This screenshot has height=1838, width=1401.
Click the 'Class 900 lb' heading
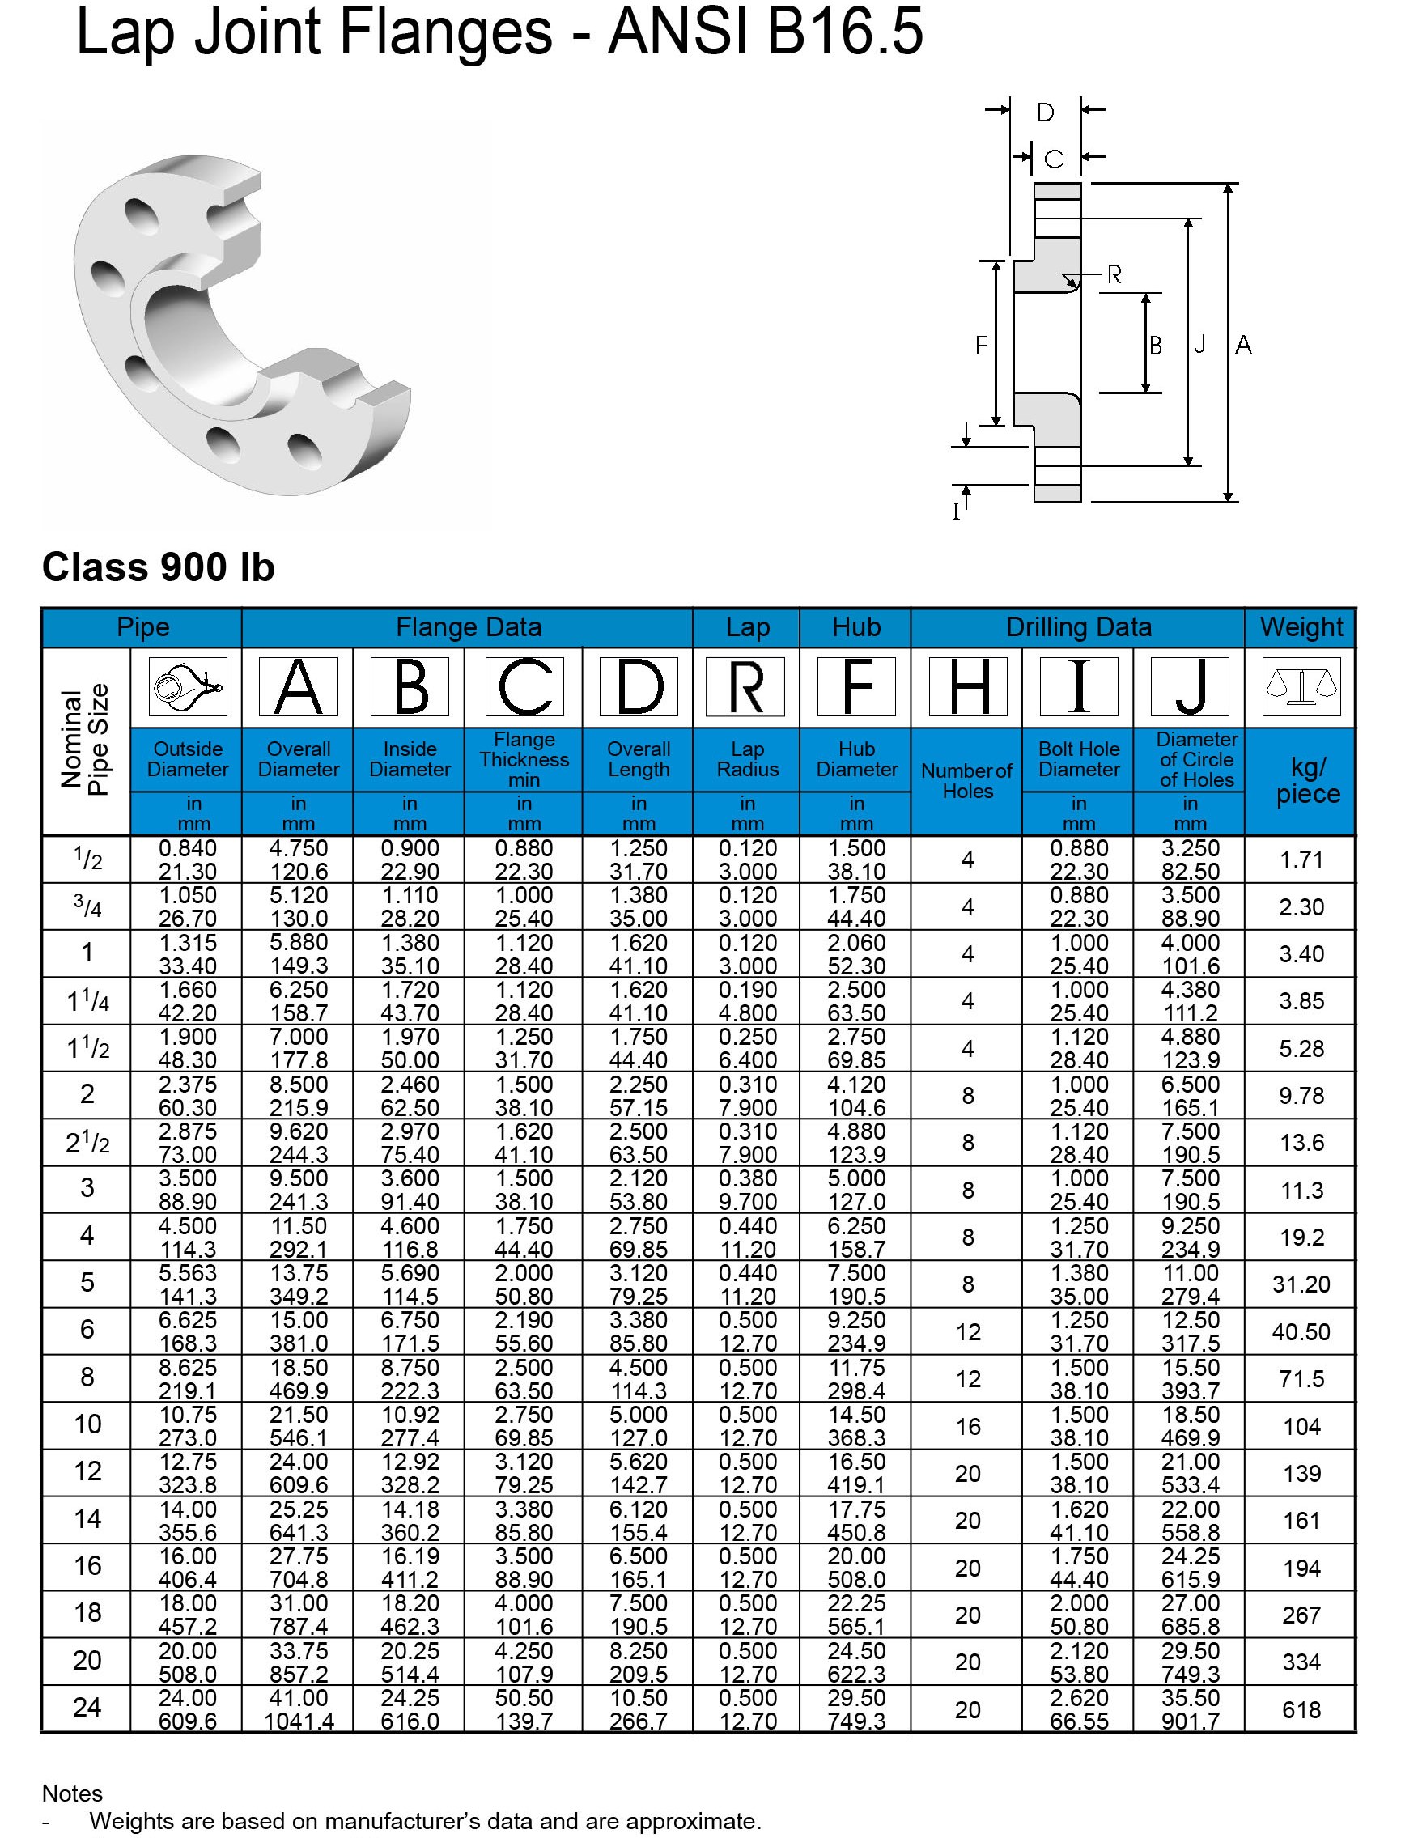click(x=158, y=568)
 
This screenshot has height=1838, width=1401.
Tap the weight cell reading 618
click(x=1301, y=1710)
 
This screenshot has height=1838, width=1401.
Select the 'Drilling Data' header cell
click(x=1078, y=627)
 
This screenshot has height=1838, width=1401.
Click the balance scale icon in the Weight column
click(x=1301, y=686)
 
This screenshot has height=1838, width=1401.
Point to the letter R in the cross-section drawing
click(x=1114, y=274)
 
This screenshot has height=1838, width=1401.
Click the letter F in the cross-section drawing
click(x=982, y=345)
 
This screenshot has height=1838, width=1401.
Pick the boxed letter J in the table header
click(x=1190, y=686)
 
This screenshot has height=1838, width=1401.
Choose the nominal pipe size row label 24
click(x=87, y=1708)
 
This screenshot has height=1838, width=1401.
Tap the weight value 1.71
click(x=1301, y=859)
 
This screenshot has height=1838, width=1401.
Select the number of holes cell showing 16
click(x=967, y=1427)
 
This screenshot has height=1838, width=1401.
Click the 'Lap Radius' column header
click(x=747, y=759)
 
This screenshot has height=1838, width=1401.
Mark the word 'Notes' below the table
click(x=73, y=1793)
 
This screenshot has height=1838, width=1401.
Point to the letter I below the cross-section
click(x=957, y=511)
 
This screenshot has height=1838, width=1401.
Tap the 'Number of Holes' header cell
click(x=967, y=781)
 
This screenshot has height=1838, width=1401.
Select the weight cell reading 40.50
click(x=1301, y=1332)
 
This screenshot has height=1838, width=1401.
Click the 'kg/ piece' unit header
click(x=1308, y=780)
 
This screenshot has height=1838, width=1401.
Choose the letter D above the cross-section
click(x=1045, y=112)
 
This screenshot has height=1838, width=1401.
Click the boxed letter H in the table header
click(x=967, y=686)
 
